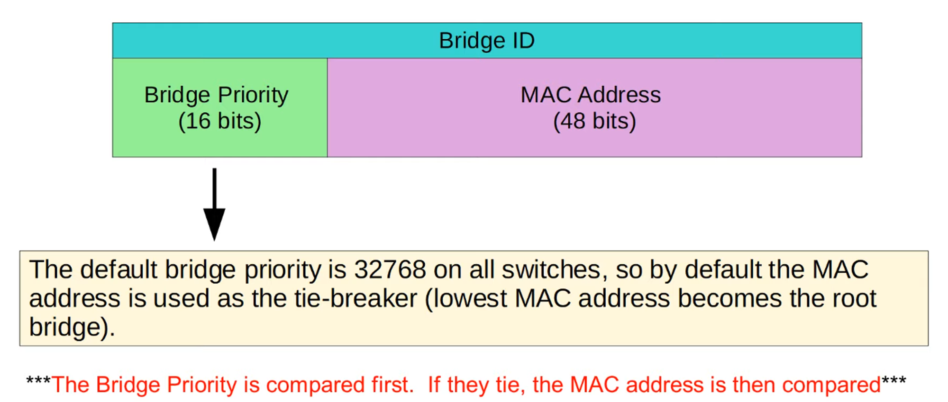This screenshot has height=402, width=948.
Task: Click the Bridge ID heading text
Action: click(487, 41)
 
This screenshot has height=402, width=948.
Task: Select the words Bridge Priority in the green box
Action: click(216, 95)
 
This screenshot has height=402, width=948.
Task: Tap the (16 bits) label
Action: click(219, 121)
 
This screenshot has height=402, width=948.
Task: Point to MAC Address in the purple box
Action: click(591, 95)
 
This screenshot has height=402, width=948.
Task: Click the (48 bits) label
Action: click(594, 121)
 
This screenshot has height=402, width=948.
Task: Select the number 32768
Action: click(390, 270)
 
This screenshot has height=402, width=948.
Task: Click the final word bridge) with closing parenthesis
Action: click(71, 328)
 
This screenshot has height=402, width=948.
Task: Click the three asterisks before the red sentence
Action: click(38, 382)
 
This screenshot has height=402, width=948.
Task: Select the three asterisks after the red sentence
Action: click(893, 382)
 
